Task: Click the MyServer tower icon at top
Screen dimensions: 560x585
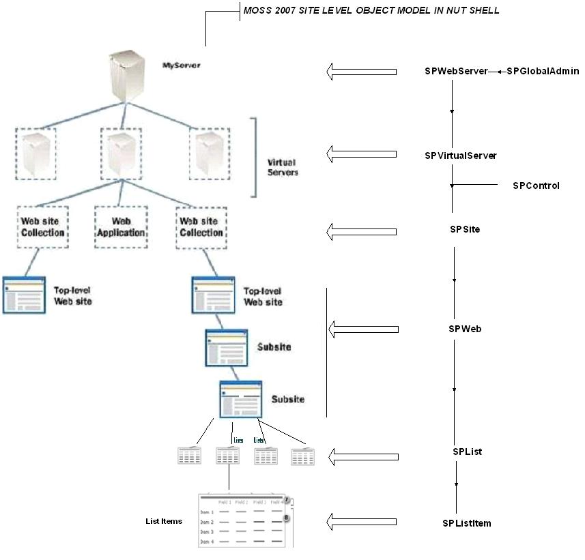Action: pos(127,75)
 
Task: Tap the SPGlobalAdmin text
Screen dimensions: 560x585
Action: pos(543,71)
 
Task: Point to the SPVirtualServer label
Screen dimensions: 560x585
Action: pos(461,156)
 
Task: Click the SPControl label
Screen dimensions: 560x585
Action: pos(536,186)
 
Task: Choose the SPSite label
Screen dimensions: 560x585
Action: pos(465,229)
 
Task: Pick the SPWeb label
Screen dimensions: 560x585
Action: pos(466,329)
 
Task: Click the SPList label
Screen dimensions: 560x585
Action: pos(468,452)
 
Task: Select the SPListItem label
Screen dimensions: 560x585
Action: pos(467,523)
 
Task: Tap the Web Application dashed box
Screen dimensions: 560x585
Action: pos(120,227)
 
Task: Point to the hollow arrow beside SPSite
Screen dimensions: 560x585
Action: pos(361,231)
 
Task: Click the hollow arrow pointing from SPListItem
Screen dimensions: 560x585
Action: pos(361,522)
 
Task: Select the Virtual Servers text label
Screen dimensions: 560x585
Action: pos(281,168)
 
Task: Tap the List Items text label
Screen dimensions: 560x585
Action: pos(164,521)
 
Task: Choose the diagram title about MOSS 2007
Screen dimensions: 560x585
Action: pos(371,10)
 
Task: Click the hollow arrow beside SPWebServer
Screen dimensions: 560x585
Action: pos(361,71)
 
